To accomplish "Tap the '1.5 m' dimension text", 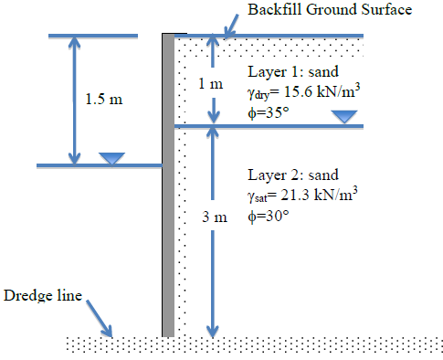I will pyautogui.click(x=103, y=100).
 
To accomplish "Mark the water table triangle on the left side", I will pyautogui.click(x=111, y=158).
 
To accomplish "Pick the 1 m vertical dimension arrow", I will pyautogui.click(x=213, y=79).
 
